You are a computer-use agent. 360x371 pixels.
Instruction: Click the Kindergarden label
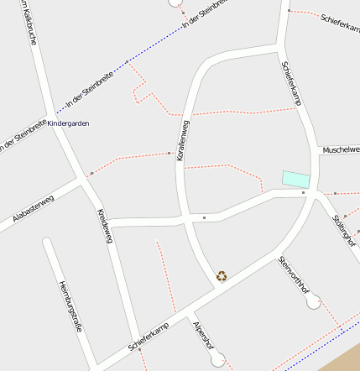coord(69,123)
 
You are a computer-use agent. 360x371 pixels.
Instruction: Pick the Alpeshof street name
coord(204,336)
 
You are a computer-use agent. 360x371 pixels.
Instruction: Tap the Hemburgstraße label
coord(70,307)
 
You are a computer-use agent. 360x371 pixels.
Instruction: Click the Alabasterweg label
coord(34,210)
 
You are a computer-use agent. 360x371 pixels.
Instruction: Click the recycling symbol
coord(222,274)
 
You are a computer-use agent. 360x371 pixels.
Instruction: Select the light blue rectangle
coord(295,179)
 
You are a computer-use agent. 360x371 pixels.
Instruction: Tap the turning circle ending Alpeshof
coord(220,361)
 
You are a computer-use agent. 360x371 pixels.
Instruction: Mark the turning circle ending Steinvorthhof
coord(314,300)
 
